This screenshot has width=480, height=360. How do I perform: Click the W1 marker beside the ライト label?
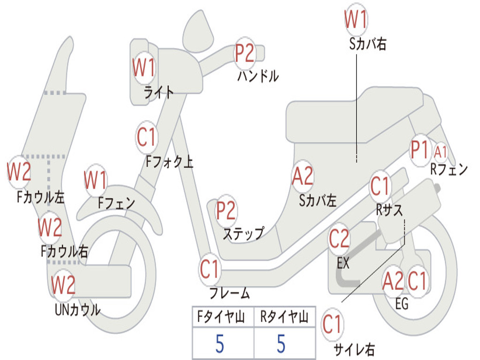coord(143,67)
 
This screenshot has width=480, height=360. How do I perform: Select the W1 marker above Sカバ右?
coord(356,19)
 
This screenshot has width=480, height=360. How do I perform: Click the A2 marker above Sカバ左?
coord(303,176)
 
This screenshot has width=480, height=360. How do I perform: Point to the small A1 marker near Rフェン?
coord(440,152)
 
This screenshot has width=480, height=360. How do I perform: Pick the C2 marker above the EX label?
coord(339,239)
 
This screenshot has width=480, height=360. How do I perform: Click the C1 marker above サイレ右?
coord(332,324)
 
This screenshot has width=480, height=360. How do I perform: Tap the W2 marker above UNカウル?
coord(63,285)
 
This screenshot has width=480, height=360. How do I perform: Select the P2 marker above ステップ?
coord(226,210)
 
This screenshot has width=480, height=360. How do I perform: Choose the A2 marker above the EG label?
coord(393,281)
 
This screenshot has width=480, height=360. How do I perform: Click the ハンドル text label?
coord(258,76)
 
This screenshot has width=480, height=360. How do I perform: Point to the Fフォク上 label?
coord(169,161)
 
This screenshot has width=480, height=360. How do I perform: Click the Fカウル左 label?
coord(40,197)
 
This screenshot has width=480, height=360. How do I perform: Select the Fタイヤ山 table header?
coord(221,317)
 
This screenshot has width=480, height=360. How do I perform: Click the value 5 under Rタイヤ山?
coord(281,344)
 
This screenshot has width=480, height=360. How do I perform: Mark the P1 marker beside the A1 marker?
coord(420,150)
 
